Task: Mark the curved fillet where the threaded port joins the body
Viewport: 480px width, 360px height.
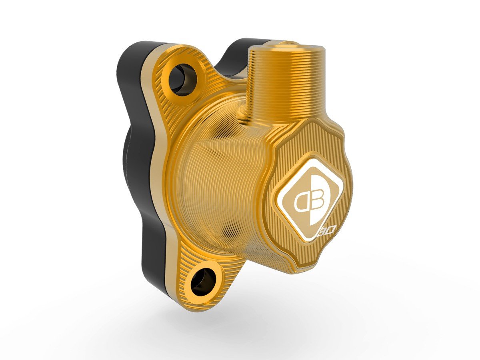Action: pyautogui.click(x=244, y=116)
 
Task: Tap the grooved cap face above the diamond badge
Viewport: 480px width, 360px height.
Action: pyautogui.click(x=308, y=136)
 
